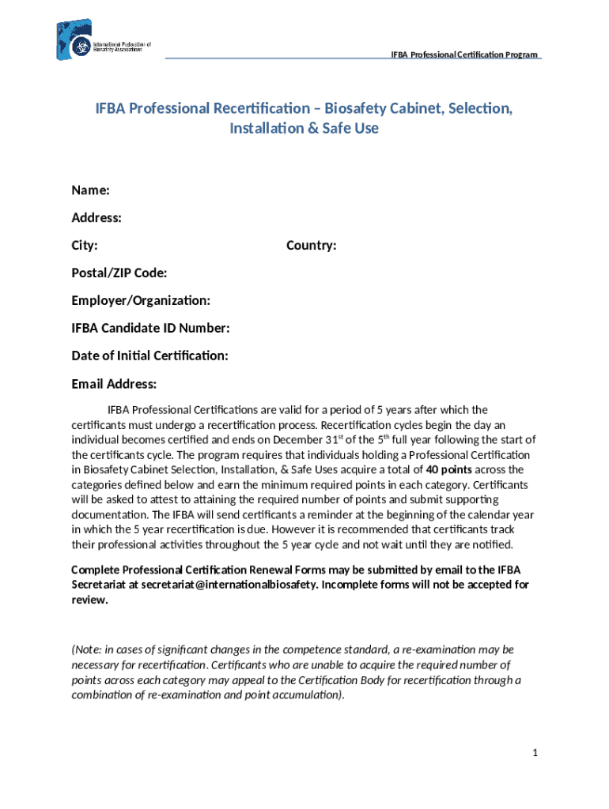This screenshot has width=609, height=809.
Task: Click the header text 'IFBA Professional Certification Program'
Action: pyautogui.click(x=464, y=55)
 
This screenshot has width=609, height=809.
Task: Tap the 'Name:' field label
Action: pyautogui.click(x=90, y=190)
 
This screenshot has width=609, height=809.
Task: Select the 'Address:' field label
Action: pyautogui.click(x=96, y=217)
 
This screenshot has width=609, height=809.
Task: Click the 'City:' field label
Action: pyautogui.click(x=85, y=246)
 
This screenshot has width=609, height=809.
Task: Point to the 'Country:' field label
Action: pyautogui.click(x=311, y=246)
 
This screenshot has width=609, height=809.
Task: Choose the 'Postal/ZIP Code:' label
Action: pyautogui.click(x=119, y=273)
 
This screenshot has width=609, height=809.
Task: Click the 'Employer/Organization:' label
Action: pyautogui.click(x=141, y=300)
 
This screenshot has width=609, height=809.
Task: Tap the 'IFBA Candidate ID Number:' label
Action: pyautogui.click(x=150, y=328)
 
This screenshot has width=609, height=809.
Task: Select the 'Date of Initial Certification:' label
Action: pyautogui.click(x=149, y=356)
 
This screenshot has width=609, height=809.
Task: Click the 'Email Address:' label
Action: pyautogui.click(x=114, y=384)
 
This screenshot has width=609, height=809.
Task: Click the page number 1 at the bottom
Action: pyautogui.click(x=535, y=753)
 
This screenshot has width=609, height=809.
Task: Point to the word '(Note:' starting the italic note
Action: pyautogui.click(x=88, y=649)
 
